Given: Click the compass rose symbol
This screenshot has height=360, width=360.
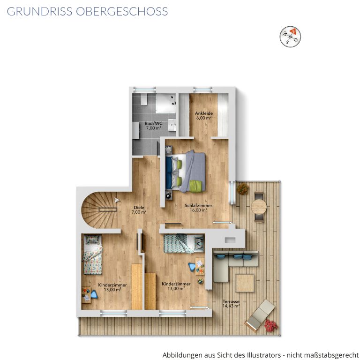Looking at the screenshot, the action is click(290, 37).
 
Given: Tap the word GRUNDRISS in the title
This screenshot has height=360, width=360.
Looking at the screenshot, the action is click(39, 11).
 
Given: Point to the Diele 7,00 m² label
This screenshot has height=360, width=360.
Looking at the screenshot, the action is click(139, 210).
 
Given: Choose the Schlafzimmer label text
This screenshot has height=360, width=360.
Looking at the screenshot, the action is click(198, 205).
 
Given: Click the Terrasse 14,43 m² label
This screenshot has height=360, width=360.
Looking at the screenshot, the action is click(231, 304).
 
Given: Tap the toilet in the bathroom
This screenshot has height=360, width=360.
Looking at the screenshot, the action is click(144, 99).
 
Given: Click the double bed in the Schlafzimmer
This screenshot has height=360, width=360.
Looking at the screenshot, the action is click(186, 172).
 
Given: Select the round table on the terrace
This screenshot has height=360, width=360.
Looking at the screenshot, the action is click(259, 207).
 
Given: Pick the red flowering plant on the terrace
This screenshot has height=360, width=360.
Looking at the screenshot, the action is click(271, 326).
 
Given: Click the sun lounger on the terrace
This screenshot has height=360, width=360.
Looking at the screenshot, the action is click(260, 315).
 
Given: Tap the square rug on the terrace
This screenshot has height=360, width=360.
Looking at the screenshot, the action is click(245, 283).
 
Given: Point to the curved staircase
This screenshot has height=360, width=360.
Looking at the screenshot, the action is click(99, 210).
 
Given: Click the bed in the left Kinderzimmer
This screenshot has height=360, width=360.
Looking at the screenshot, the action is click(92, 255).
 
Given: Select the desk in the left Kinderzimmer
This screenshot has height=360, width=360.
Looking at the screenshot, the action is click(86, 295).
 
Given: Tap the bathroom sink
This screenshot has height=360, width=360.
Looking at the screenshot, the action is click(172, 125).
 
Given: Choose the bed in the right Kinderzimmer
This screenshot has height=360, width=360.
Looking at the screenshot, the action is click(184, 244).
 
